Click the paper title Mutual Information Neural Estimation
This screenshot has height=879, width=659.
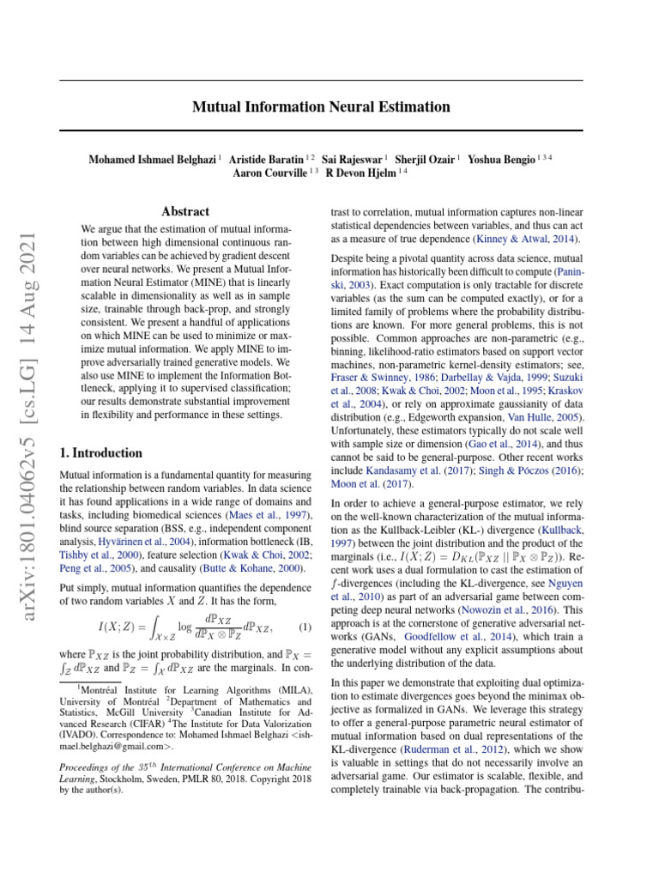[321, 107]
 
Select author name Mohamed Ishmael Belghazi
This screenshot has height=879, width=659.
[152, 159]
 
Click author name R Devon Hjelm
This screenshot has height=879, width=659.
[361, 173]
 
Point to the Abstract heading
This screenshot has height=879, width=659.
[185, 211]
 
